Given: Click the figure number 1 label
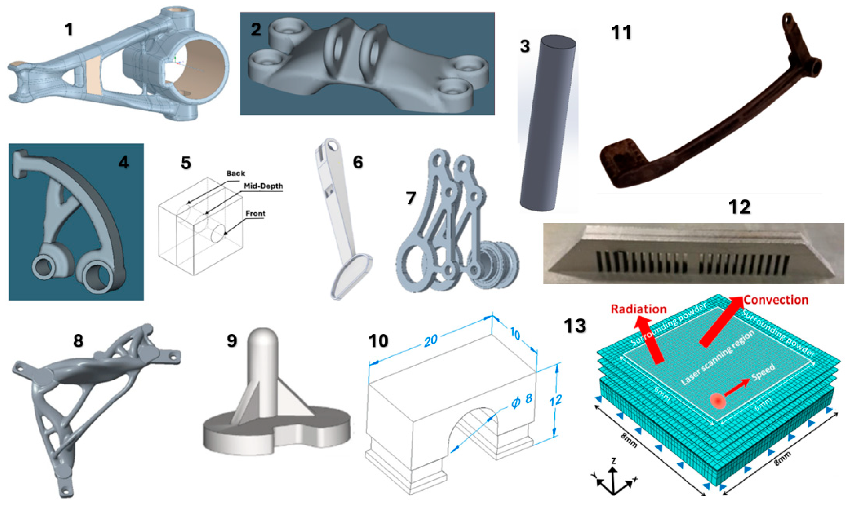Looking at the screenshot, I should [69, 29].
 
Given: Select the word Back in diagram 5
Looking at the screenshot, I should [235, 174].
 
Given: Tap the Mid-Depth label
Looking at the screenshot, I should [263, 186].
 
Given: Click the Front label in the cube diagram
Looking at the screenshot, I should [255, 213].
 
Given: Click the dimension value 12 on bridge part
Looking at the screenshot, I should [555, 400].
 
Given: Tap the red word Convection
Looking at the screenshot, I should [776, 300].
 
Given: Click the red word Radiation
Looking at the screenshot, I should [638, 309].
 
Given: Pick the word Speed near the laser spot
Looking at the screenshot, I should [763, 372].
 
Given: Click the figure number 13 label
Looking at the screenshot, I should [574, 326].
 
